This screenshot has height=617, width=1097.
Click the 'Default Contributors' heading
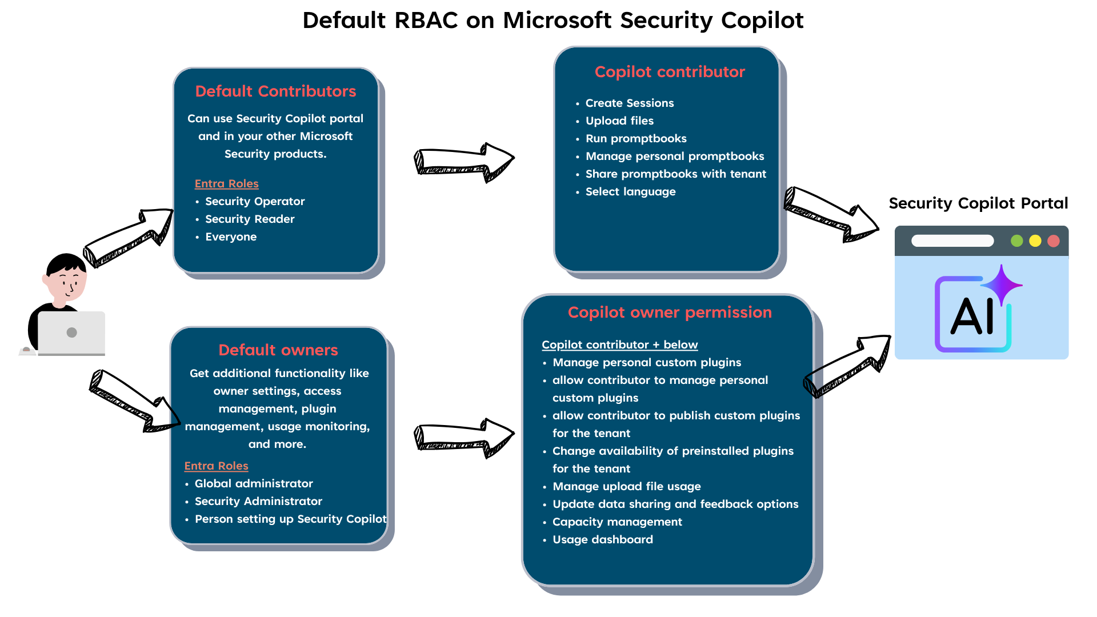click(275, 91)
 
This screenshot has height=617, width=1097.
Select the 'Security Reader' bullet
click(250, 219)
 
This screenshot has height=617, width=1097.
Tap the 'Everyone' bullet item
click(231, 237)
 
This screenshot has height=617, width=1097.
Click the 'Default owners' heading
click(278, 350)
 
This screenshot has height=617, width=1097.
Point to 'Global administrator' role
click(254, 484)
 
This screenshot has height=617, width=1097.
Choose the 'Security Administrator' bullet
click(258, 502)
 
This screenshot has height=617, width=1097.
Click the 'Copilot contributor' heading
click(670, 72)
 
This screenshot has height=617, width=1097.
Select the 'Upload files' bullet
click(619, 121)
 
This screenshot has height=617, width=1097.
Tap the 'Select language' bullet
click(630, 192)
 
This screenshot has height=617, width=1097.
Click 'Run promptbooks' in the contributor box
click(636, 139)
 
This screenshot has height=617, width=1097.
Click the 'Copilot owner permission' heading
click(670, 312)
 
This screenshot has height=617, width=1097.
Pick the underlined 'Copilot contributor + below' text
click(619, 345)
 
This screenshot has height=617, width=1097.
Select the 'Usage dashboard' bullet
click(602, 540)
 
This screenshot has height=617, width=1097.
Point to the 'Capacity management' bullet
click(617, 522)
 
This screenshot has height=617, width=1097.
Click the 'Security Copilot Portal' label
click(978, 203)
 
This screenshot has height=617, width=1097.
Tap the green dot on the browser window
click(1016, 241)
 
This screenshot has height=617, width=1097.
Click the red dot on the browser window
click(1054, 241)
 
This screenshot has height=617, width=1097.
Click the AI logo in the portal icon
click(973, 314)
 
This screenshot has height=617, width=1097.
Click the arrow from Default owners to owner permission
click(463, 438)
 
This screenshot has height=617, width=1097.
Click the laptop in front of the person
click(71, 333)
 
